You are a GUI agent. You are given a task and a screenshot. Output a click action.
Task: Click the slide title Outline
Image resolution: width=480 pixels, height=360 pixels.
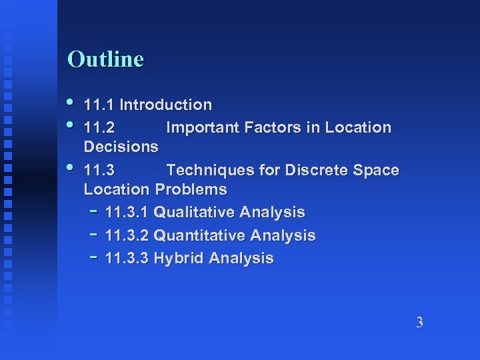tap(105, 59)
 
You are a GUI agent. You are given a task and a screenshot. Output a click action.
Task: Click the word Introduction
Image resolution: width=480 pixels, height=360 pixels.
tap(165, 105)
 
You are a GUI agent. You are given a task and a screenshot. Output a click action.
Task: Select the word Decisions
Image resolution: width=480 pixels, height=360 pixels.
tap(121, 146)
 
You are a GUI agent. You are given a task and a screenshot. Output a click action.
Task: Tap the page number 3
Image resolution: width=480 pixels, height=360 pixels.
tap(419, 323)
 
